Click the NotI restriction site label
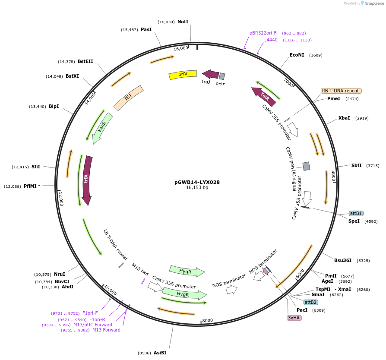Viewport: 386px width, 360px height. pyautogui.click(x=183, y=22)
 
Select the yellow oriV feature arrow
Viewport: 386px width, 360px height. pyautogui.click(x=182, y=75)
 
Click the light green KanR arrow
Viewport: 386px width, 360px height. pyautogui.click(x=102, y=127)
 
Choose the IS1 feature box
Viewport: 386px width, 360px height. pyautogui.click(x=128, y=98)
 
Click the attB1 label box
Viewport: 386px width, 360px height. pyautogui.click(x=356, y=213)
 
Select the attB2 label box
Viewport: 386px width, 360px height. pyautogui.click(x=310, y=302)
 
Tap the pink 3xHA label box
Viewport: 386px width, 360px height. pyautogui.click(x=294, y=318)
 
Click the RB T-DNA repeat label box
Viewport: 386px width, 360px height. pyautogui.click(x=341, y=91)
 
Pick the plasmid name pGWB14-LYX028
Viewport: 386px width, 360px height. pyautogui.click(x=197, y=182)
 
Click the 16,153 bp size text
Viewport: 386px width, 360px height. pyautogui.click(x=197, y=188)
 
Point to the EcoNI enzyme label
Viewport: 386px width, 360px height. pyautogui.click(x=297, y=55)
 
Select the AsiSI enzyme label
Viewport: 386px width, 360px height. pyautogui.click(x=160, y=353)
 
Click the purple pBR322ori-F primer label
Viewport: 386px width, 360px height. pyautogui.click(x=263, y=33)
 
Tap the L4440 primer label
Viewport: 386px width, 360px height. pyautogui.click(x=271, y=40)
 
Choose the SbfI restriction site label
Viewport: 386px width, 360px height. pyautogui.click(x=356, y=165)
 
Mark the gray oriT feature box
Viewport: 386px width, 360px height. pyautogui.click(x=222, y=76)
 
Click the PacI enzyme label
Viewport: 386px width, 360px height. pyautogui.click(x=302, y=310)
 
